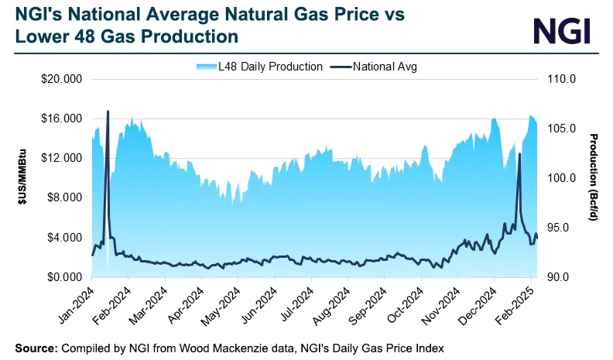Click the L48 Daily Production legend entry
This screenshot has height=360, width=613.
[x=260, y=67]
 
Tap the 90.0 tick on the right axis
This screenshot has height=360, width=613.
[x=563, y=277]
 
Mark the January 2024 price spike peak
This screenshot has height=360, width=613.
[x=108, y=111]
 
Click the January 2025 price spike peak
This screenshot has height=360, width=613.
[x=519, y=154]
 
